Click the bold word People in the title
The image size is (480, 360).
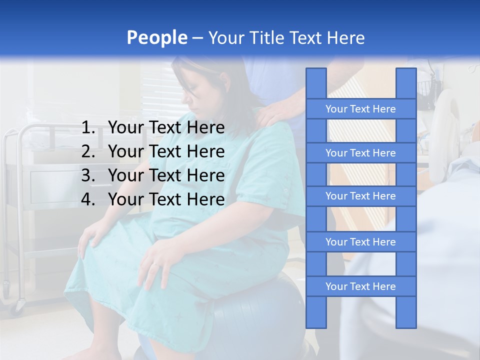click(x=156, y=37)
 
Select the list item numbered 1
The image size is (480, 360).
click(x=153, y=128)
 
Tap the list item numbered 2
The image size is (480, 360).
click(x=153, y=151)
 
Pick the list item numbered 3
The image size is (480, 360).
click(x=153, y=175)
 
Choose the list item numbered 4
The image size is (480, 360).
click(x=153, y=199)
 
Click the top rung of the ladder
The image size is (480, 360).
click(x=360, y=109)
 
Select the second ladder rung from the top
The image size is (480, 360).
click(x=360, y=153)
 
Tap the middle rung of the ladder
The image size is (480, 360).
click(x=360, y=196)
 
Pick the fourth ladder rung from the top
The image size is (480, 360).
click(x=360, y=242)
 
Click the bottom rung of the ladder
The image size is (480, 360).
click(x=360, y=286)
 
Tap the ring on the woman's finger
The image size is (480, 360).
click(x=156, y=263)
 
